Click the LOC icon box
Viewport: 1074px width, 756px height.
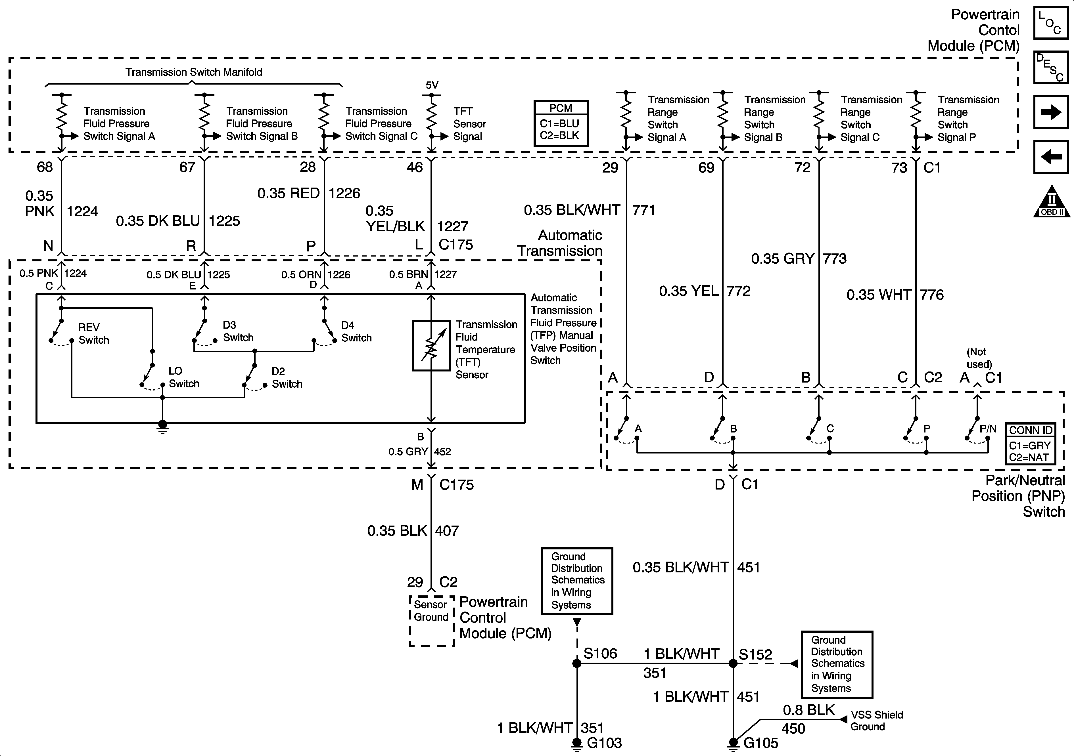[x=1051, y=22]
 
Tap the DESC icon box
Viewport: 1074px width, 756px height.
[x=1051, y=67]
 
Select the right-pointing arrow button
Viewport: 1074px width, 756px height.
[x=1051, y=112]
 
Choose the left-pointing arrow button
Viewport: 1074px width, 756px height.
[x=1051, y=157]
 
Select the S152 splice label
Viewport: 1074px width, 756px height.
[x=755, y=654]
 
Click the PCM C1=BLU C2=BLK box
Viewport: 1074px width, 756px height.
[x=561, y=123]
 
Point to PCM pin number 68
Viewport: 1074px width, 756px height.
[x=45, y=167]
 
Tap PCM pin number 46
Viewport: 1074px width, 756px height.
[x=414, y=167]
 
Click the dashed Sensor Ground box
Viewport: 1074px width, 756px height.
[x=432, y=621]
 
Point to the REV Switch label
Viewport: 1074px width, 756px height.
[x=93, y=333]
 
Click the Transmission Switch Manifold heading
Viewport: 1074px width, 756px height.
[x=194, y=72]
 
